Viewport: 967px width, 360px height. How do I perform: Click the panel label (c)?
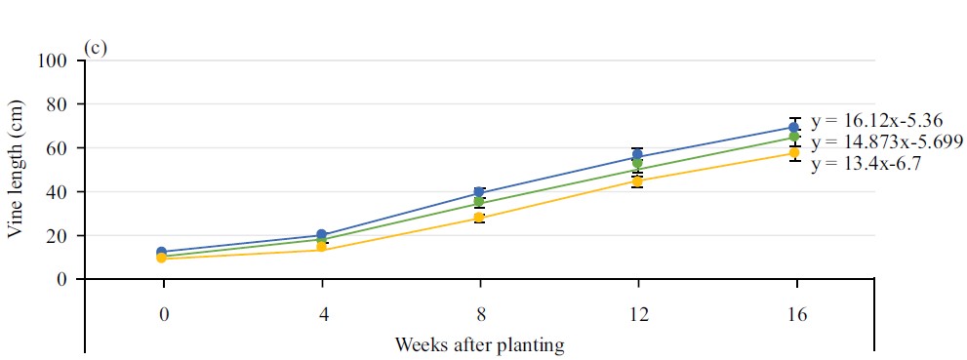tap(96, 48)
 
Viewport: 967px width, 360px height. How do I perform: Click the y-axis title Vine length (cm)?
tap(16, 170)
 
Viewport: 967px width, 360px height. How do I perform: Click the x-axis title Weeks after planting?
tap(479, 344)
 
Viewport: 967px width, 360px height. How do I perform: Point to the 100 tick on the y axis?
tap(53, 60)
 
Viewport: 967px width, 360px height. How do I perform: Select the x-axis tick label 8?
tap(479, 314)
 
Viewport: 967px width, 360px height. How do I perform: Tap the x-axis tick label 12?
tap(637, 314)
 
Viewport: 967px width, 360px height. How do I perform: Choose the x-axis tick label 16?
tap(796, 314)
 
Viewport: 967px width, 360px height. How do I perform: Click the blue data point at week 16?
tap(795, 128)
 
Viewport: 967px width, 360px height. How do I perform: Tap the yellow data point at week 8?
tap(479, 218)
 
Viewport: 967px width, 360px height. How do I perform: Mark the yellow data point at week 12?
tap(637, 181)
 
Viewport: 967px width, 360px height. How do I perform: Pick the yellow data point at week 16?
tap(795, 153)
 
